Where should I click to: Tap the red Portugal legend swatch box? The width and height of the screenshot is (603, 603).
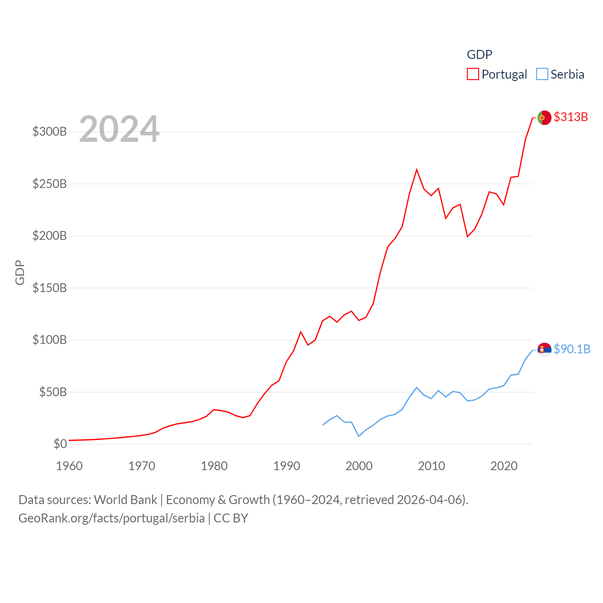click(473, 74)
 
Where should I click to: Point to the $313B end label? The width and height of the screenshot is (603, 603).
click(570, 117)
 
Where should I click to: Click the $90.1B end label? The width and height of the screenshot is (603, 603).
click(572, 349)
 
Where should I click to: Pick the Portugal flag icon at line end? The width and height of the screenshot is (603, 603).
click(544, 117)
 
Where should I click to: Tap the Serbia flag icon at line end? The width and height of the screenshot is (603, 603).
click(544, 350)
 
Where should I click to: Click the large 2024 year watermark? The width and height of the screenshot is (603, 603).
click(119, 129)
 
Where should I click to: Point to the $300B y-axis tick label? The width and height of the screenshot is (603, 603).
click(49, 131)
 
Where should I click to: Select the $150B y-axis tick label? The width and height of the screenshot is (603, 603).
click(49, 288)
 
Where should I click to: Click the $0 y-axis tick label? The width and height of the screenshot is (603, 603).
click(60, 444)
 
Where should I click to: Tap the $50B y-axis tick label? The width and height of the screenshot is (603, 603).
click(53, 392)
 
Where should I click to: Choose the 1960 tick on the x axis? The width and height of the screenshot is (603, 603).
click(69, 466)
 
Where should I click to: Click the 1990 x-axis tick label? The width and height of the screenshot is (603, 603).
click(286, 466)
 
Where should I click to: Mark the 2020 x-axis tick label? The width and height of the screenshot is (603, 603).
click(504, 466)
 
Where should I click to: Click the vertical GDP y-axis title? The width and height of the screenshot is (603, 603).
click(20, 272)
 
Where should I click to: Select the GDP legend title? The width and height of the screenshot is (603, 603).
click(480, 55)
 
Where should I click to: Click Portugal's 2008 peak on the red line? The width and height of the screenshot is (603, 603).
click(416, 170)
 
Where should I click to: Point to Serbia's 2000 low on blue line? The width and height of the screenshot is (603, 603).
click(359, 436)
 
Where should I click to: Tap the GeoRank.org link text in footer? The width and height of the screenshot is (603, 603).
click(112, 518)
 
